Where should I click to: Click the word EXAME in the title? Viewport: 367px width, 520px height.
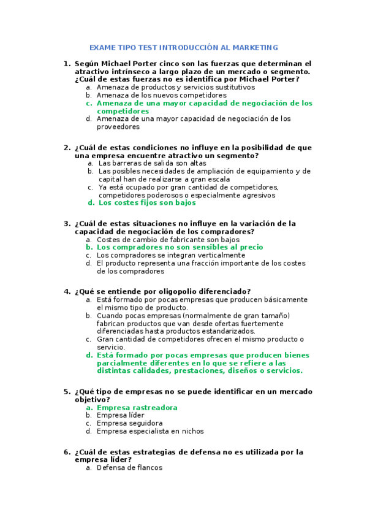102,47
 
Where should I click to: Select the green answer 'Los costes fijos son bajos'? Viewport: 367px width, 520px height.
147,202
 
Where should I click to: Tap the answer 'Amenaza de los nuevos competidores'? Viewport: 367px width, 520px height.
161,95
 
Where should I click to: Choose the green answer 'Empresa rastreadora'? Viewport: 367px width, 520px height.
137,407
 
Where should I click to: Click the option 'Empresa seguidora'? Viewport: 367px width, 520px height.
129,423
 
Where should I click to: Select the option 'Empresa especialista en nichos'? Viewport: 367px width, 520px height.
150,431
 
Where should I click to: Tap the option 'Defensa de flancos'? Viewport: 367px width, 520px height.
129,467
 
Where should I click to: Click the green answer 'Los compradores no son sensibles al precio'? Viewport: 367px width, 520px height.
180,247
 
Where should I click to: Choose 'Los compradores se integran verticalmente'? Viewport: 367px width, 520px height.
171,255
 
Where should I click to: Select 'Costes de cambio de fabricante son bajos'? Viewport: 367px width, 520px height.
168,239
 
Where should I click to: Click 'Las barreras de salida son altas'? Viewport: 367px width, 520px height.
152,163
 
